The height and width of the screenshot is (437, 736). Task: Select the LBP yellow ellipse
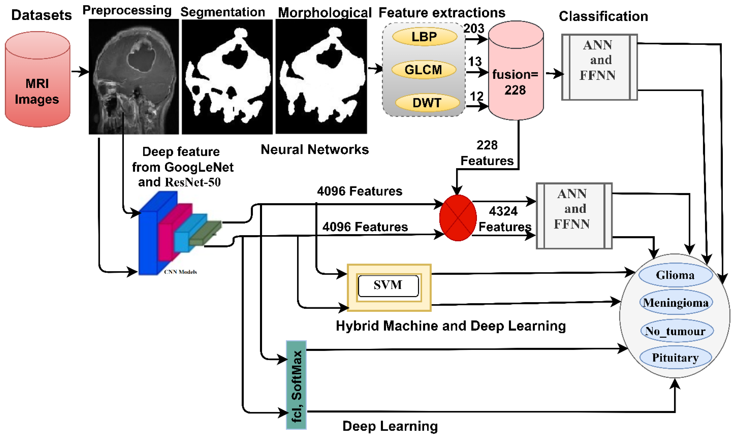[x=424, y=37]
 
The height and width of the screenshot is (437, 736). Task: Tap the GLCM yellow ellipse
[x=423, y=70]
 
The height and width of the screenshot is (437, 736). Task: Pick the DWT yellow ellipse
[x=427, y=103]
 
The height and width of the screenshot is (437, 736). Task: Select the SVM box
[x=388, y=285]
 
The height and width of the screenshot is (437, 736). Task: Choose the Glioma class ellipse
[x=675, y=275]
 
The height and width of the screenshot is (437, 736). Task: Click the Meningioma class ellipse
[x=676, y=302]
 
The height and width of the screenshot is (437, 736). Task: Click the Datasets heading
[x=41, y=15]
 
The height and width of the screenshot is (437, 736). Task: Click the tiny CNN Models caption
[x=180, y=272]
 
